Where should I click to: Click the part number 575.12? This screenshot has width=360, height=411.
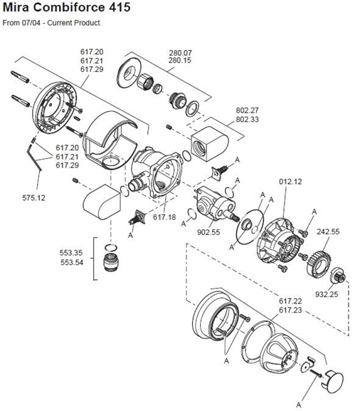pyautogui.click(x=33, y=197)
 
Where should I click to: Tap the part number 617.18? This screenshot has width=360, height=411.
pyautogui.click(x=164, y=217)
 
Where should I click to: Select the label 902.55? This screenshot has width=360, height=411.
pyautogui.click(x=208, y=232)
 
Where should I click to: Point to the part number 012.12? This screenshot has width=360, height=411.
pyautogui.click(x=290, y=182)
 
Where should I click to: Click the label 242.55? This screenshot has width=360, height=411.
pyautogui.click(x=328, y=231)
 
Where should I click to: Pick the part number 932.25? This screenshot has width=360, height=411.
pyautogui.click(x=327, y=294)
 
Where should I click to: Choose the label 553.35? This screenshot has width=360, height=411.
pyautogui.click(x=71, y=253)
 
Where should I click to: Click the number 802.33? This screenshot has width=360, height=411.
pyautogui.click(x=247, y=119)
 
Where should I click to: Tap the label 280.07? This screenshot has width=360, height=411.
pyautogui.click(x=180, y=53)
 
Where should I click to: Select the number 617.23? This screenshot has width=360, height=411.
pyautogui.click(x=290, y=310)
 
